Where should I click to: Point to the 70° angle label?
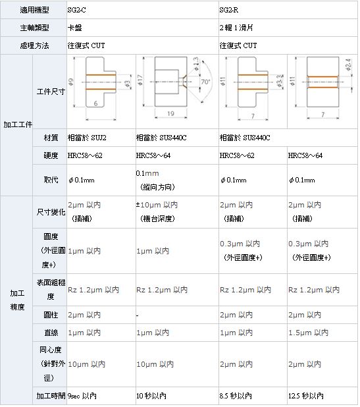pyautogui.click(x=205, y=82)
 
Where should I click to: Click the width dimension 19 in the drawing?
pyautogui.click(x=170, y=113)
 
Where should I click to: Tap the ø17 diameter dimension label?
pyautogui.click(x=140, y=80)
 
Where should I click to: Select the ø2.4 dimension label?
pyautogui.click(x=348, y=65)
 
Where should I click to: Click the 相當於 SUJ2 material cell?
pyautogui.click(x=87, y=138)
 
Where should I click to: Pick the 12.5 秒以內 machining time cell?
pyautogui.click(x=306, y=396)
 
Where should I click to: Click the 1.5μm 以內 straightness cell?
pyautogui.click(x=309, y=333)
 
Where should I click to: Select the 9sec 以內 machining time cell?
pyautogui.click(x=82, y=396)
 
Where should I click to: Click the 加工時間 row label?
pyautogui.click(x=51, y=396)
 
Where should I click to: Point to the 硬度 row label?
pyautogui.click(x=51, y=155)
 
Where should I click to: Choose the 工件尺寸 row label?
pyautogui.click(x=51, y=92)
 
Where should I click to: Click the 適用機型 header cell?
pyautogui.click(x=34, y=10)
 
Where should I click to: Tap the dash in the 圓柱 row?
pyautogui.click(x=137, y=315)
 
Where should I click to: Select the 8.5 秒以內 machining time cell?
pyautogui.click(x=236, y=396)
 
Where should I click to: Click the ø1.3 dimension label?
pyautogui.click(x=196, y=64)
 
